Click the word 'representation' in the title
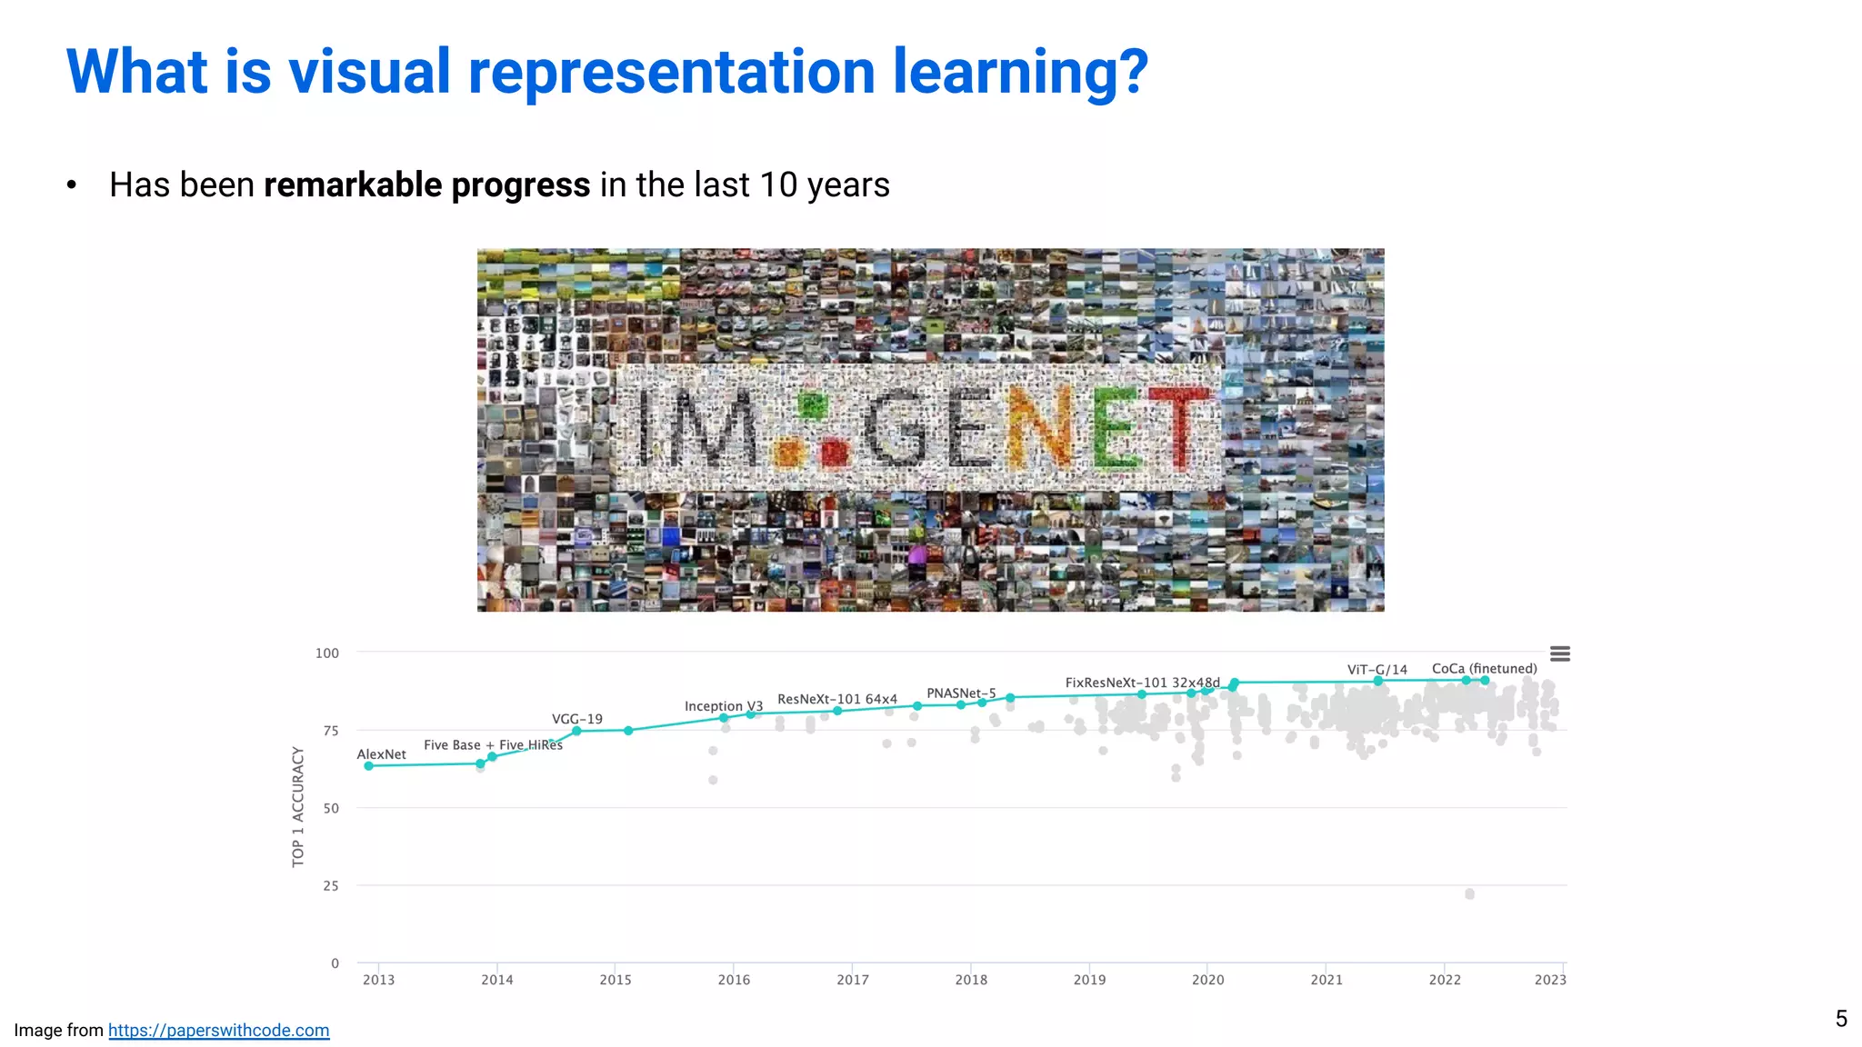[x=672, y=72]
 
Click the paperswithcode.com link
[x=218, y=1030]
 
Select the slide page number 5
[x=1840, y=1018]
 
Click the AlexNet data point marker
[x=368, y=766]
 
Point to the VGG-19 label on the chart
[x=576, y=719]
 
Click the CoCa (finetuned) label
[x=1484, y=669]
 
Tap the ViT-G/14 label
[x=1376, y=670]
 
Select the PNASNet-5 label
[x=961, y=693]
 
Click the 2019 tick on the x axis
[x=1089, y=980]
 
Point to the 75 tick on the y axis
[x=331, y=731]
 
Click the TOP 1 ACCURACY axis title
[x=298, y=807]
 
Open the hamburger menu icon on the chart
[x=1559, y=654]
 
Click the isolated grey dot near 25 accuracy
[x=1469, y=894]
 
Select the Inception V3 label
[x=723, y=706]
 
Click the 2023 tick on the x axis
[x=1550, y=980]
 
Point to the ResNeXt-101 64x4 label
[x=836, y=699]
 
